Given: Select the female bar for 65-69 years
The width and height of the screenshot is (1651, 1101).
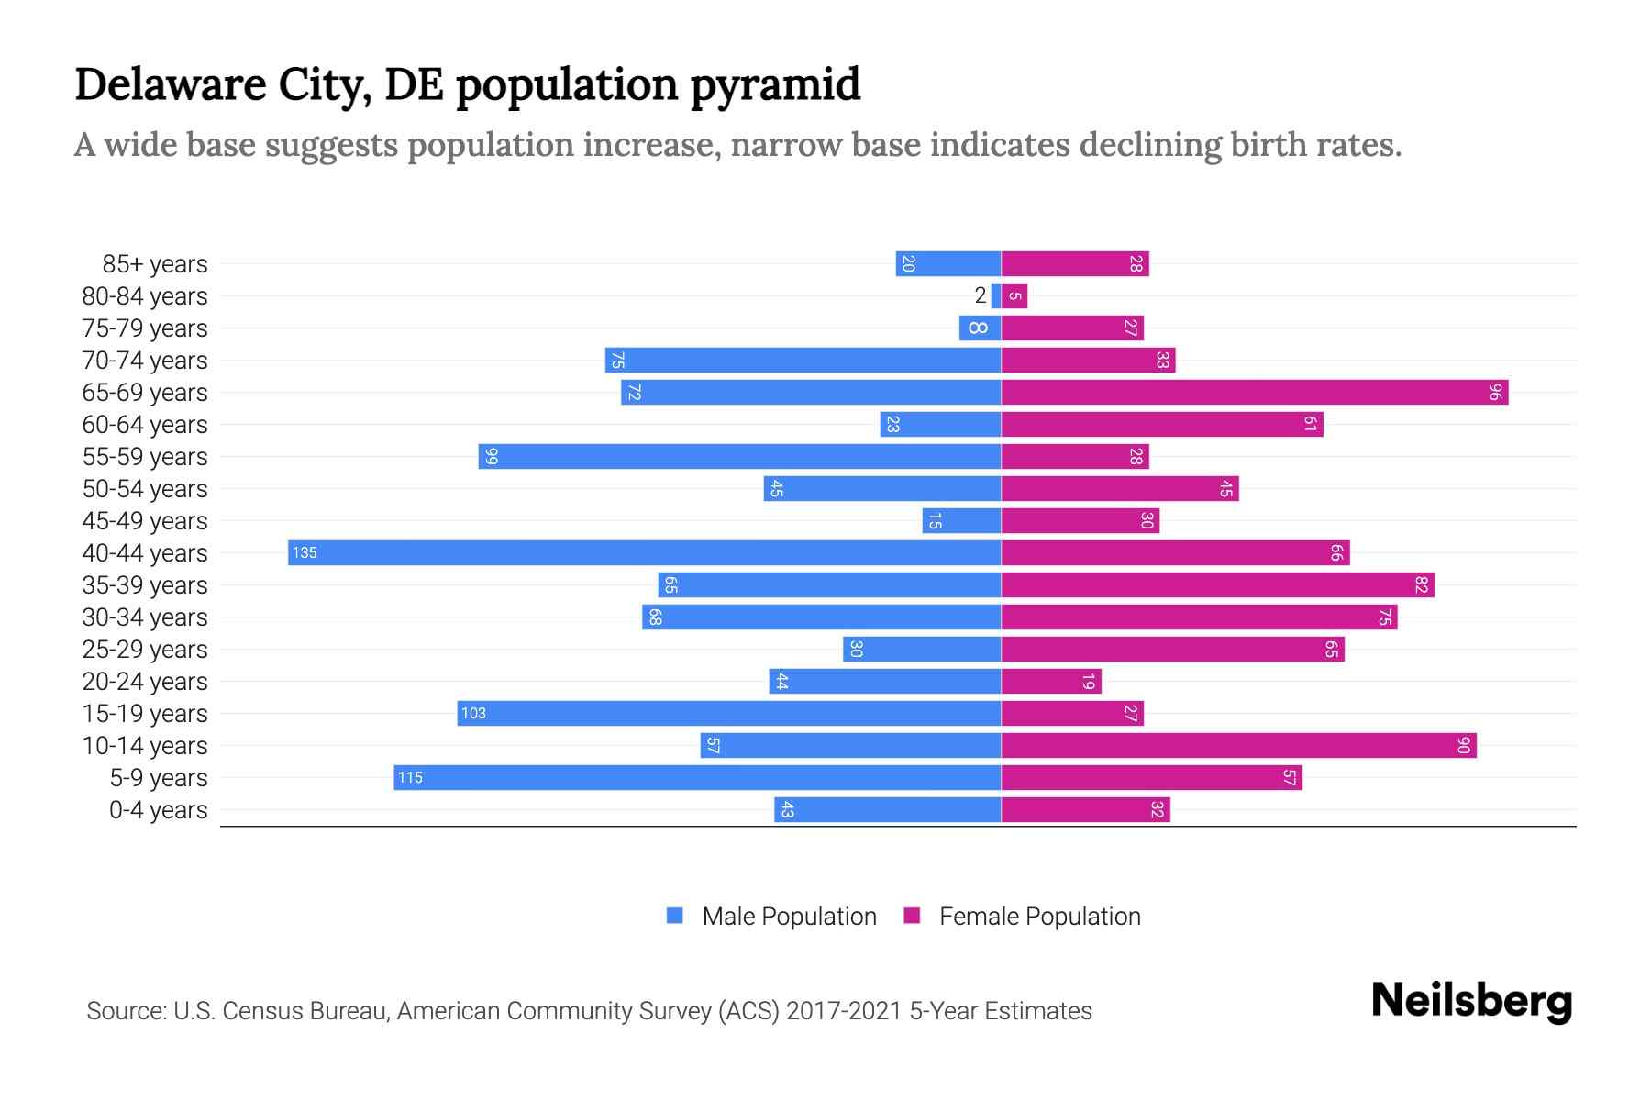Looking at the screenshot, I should pyautogui.click(x=1254, y=392).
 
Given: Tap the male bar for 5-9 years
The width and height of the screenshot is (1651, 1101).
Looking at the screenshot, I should pyautogui.click(x=697, y=777).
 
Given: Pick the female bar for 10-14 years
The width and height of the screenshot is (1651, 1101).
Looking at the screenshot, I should pyautogui.click(x=1238, y=745).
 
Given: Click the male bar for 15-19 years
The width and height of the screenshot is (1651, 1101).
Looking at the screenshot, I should pyautogui.click(x=729, y=713).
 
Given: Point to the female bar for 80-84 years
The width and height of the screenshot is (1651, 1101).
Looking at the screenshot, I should pyautogui.click(x=1014, y=295).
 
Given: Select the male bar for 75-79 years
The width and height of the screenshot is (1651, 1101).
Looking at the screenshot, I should pyautogui.click(x=980, y=328).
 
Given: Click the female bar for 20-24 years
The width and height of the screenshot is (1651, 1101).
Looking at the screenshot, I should pyautogui.click(x=1051, y=681).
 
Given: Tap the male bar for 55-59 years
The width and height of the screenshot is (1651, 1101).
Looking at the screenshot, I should pyautogui.click(x=739, y=456).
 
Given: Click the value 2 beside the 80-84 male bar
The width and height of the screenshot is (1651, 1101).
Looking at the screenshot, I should pyautogui.click(x=981, y=295).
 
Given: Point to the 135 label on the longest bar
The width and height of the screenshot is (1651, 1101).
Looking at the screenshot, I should pyautogui.click(x=305, y=552).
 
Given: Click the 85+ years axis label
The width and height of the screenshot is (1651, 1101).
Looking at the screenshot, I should pyautogui.click(x=154, y=264).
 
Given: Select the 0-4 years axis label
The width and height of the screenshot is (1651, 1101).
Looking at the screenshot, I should pyautogui.click(x=158, y=810).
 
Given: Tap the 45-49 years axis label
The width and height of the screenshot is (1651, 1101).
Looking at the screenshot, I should pyautogui.click(x=145, y=521).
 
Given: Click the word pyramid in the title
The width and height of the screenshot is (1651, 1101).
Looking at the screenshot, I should pyautogui.click(x=775, y=84).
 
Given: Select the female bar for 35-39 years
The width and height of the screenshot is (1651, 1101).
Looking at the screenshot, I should pyautogui.click(x=1217, y=584).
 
